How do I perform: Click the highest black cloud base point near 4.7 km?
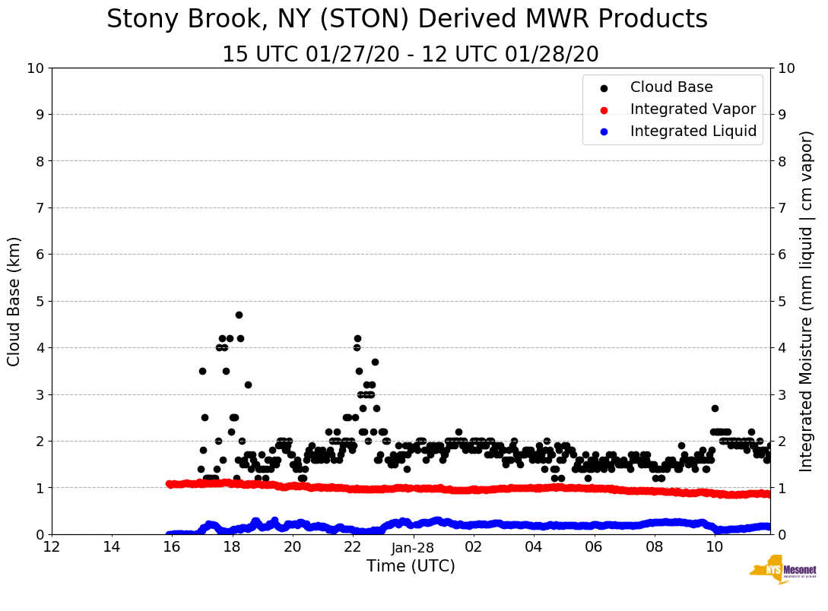239,315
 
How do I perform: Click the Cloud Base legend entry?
671,87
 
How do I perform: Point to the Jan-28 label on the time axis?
413,547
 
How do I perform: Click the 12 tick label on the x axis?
52,547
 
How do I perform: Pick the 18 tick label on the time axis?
232,547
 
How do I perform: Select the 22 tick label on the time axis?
353,547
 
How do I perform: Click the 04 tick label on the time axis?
534,547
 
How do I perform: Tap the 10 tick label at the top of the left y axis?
35,68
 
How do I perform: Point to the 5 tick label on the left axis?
40,301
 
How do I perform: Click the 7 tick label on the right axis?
782,207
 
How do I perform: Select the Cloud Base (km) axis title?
14,301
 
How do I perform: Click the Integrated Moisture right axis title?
807,301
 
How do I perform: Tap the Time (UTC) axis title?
411,566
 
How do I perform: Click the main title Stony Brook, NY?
407,20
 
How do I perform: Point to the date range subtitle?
411,55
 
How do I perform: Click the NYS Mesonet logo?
782,573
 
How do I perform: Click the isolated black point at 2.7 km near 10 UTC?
715,408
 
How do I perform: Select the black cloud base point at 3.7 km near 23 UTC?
375,362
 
